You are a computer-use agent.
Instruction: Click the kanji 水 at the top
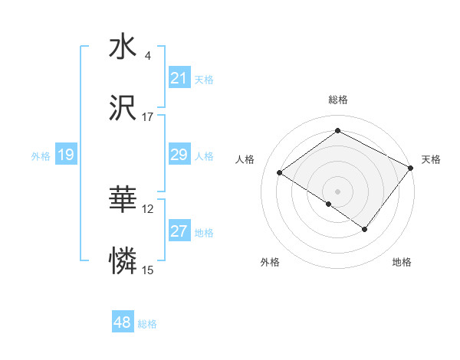point(123,47)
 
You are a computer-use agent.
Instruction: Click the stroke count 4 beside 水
point(147,55)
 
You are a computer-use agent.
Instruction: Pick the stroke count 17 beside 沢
point(148,117)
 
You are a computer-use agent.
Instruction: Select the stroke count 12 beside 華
point(148,209)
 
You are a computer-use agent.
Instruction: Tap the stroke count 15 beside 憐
point(148,271)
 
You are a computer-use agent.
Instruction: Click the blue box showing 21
point(179,78)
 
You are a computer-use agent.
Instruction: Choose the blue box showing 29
point(179,155)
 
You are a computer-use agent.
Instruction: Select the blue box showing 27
point(179,231)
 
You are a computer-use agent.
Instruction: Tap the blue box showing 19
point(66,155)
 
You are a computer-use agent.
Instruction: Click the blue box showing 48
point(123,323)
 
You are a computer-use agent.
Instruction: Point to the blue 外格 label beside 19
point(41,155)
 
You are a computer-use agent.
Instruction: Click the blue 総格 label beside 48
point(147,324)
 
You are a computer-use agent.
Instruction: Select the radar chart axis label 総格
point(338,100)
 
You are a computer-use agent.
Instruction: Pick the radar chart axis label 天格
point(432,159)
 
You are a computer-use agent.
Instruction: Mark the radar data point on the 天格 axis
point(411,168)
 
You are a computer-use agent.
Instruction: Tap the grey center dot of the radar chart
point(338,191)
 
